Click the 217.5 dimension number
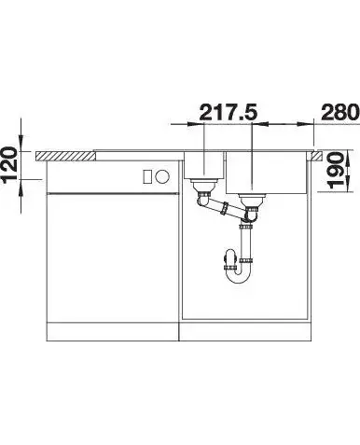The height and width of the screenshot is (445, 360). pyautogui.click(x=228, y=112)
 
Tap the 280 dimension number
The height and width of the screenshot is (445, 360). pyautogui.click(x=340, y=112)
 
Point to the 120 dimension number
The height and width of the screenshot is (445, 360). pyautogui.click(x=10, y=164)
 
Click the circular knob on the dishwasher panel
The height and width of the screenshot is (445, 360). pyautogui.click(x=162, y=177)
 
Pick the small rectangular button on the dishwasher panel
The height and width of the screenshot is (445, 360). pyautogui.click(x=146, y=177)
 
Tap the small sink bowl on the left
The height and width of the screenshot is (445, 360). pyautogui.click(x=203, y=165)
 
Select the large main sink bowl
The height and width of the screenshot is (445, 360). pyautogui.click(x=267, y=173)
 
